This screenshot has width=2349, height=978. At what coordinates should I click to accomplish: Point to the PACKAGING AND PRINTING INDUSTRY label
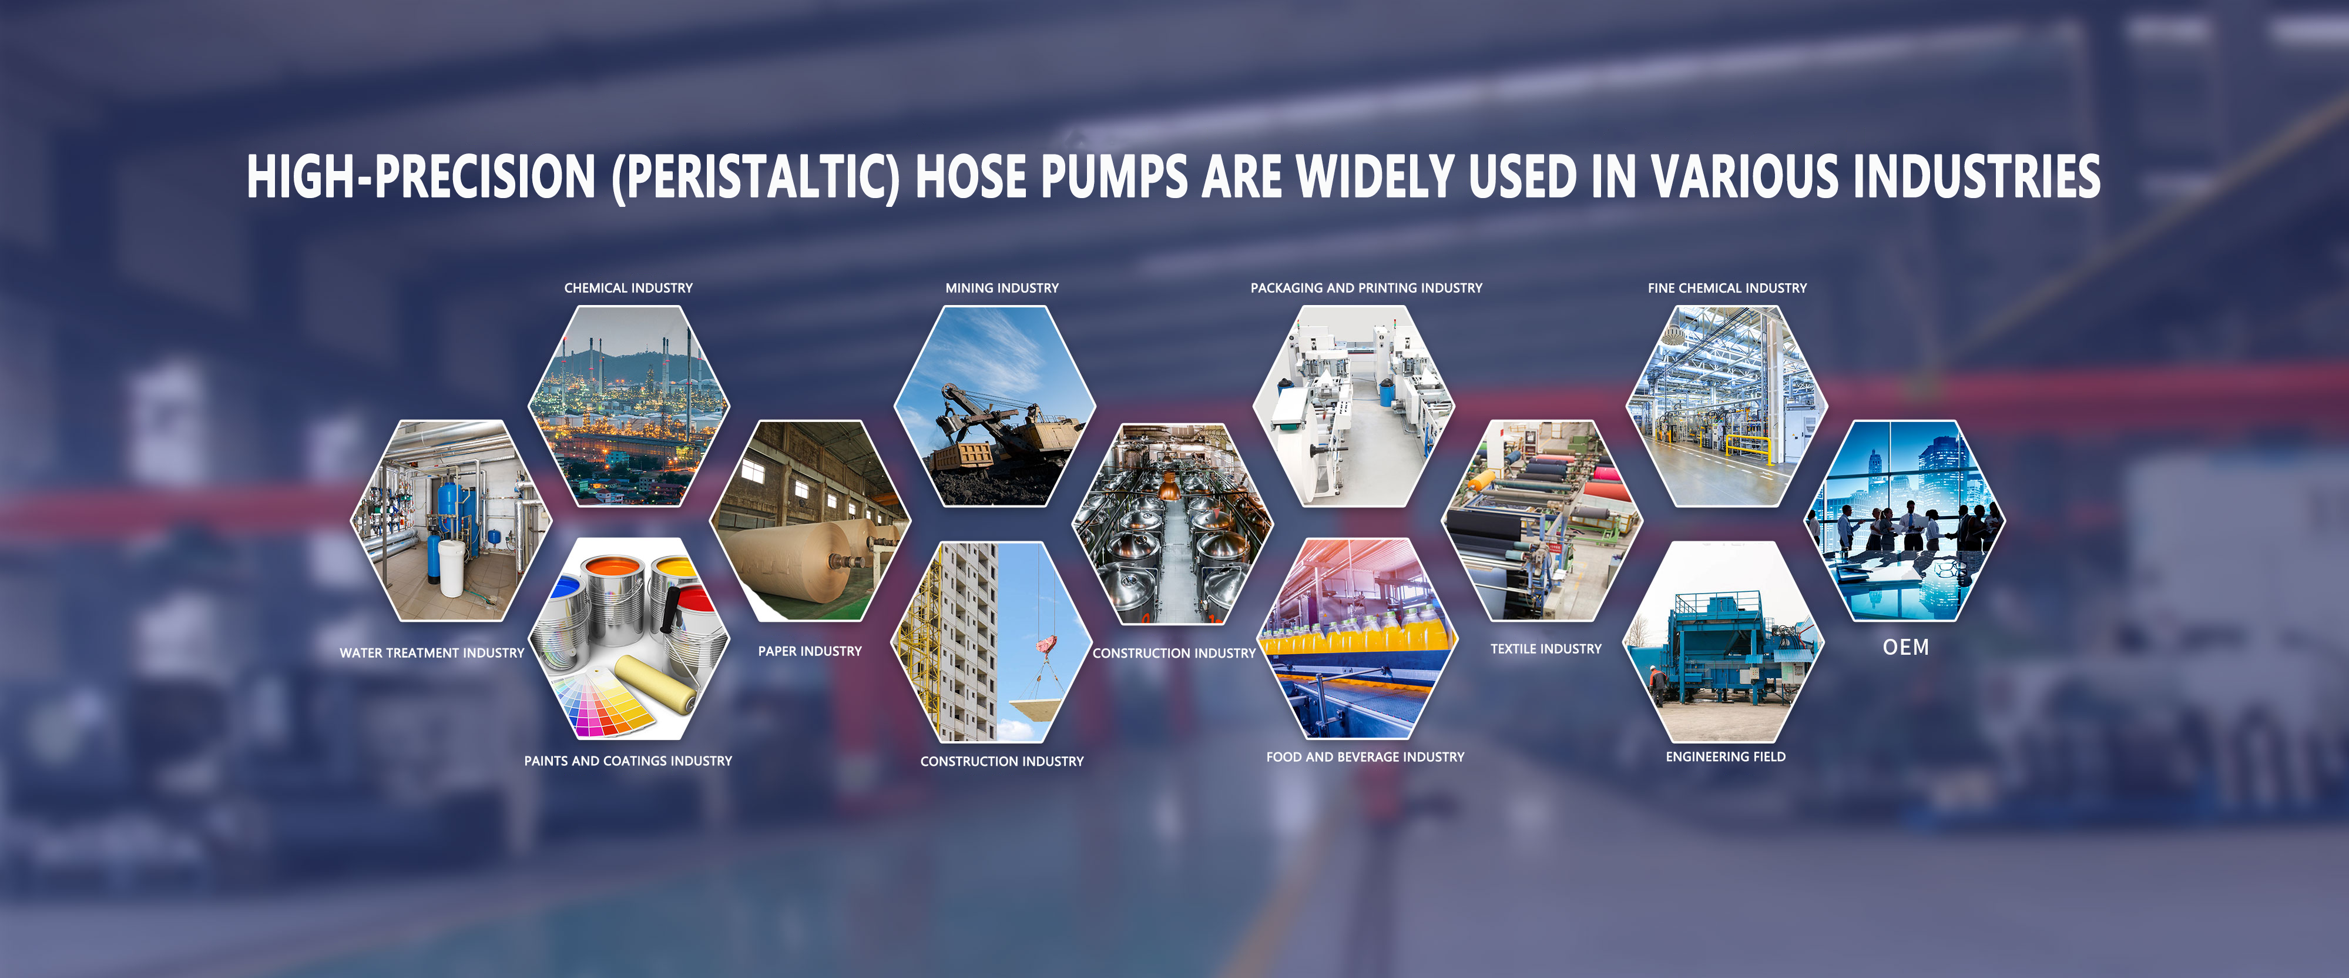tap(1366, 289)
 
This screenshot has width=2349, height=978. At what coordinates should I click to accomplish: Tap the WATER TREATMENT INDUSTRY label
tap(432, 653)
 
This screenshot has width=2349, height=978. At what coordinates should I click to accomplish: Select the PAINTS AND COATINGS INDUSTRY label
tap(628, 761)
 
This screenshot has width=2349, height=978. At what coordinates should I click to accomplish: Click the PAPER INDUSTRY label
tap(810, 651)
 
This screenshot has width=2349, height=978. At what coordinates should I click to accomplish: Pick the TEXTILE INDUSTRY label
tap(1546, 649)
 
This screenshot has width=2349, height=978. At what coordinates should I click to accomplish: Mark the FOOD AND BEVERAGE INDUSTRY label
tap(1365, 757)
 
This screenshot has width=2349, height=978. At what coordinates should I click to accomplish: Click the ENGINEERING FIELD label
tap(1725, 757)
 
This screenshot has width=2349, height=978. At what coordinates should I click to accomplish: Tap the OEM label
tap(1906, 648)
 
